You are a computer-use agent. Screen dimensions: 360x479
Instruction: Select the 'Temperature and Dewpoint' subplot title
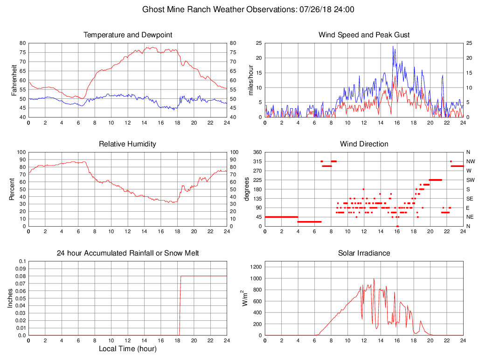pyautogui.click(x=128, y=35)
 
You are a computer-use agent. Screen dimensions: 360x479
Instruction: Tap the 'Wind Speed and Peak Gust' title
pyautogui.click(x=364, y=35)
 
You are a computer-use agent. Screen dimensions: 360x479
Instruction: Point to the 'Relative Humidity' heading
pyautogui.click(x=128, y=144)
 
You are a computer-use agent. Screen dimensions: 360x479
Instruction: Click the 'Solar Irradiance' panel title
pyautogui.click(x=364, y=253)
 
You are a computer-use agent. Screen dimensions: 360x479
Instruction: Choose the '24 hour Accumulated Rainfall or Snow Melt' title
pyautogui.click(x=128, y=253)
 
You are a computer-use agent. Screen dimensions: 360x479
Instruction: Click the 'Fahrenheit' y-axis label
pyautogui.click(x=14, y=80)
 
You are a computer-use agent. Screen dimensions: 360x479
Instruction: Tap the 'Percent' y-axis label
pyautogui.click(x=12, y=189)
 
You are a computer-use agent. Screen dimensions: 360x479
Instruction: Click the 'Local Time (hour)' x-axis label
pyautogui.click(x=128, y=349)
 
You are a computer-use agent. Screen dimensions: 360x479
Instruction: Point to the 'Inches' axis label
pyautogui.click(x=10, y=298)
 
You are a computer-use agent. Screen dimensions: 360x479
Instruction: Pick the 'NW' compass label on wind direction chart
pyautogui.click(x=470, y=161)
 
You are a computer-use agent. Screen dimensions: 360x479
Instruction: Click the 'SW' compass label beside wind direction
pyautogui.click(x=470, y=180)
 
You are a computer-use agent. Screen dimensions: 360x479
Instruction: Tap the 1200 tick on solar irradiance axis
pyautogui.click(x=256, y=267)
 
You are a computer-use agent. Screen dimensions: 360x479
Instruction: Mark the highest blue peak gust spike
pyautogui.click(x=393, y=46)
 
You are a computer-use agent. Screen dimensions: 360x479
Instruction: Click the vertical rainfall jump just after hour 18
pyautogui.click(x=180, y=305)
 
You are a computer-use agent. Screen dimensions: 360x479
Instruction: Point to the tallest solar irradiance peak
pyautogui.click(x=374, y=279)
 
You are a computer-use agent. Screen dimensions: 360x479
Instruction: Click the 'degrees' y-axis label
pyautogui.click(x=247, y=189)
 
